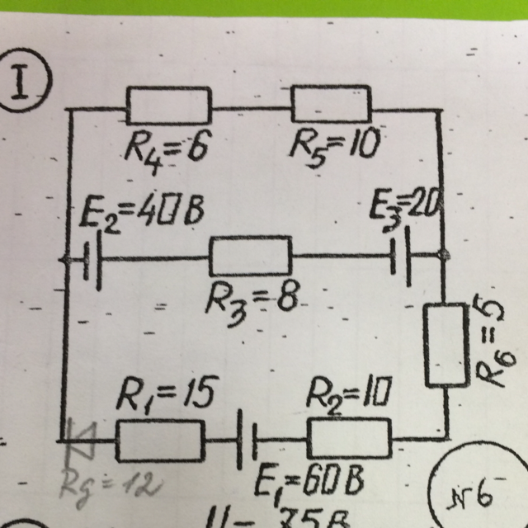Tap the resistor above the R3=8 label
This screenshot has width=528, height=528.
point(251,256)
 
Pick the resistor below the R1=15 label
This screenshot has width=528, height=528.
point(159,440)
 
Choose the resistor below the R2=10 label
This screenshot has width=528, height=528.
point(349,437)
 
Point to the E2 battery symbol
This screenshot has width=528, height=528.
point(92,260)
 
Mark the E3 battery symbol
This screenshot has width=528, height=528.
point(402,257)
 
